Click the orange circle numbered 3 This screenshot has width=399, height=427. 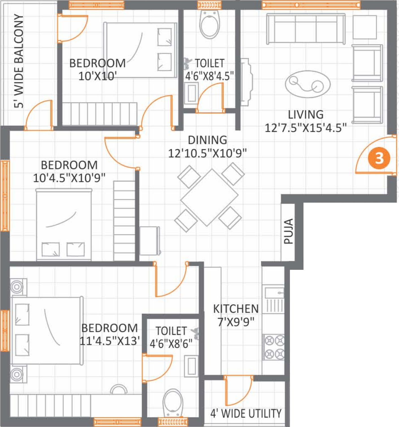[x=379, y=158]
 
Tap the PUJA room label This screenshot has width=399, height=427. [x=288, y=231]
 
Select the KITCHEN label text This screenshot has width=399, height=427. [x=236, y=309]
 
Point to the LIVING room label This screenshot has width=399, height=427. [x=306, y=115]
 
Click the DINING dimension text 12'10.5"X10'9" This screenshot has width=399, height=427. [x=207, y=154]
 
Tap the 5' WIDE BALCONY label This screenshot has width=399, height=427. [x=19, y=61]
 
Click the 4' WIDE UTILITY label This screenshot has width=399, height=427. [x=246, y=413]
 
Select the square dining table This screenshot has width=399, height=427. [x=209, y=197]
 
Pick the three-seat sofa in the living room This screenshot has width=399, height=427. [x=306, y=29]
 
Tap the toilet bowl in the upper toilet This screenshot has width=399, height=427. [x=210, y=25]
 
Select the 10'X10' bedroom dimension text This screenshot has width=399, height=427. [x=97, y=76]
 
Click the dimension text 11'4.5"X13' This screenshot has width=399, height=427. [x=110, y=341]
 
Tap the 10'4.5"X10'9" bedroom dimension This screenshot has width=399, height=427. [x=69, y=178]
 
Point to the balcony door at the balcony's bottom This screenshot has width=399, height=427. [x=39, y=115]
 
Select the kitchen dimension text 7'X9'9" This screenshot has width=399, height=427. [x=236, y=322]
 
